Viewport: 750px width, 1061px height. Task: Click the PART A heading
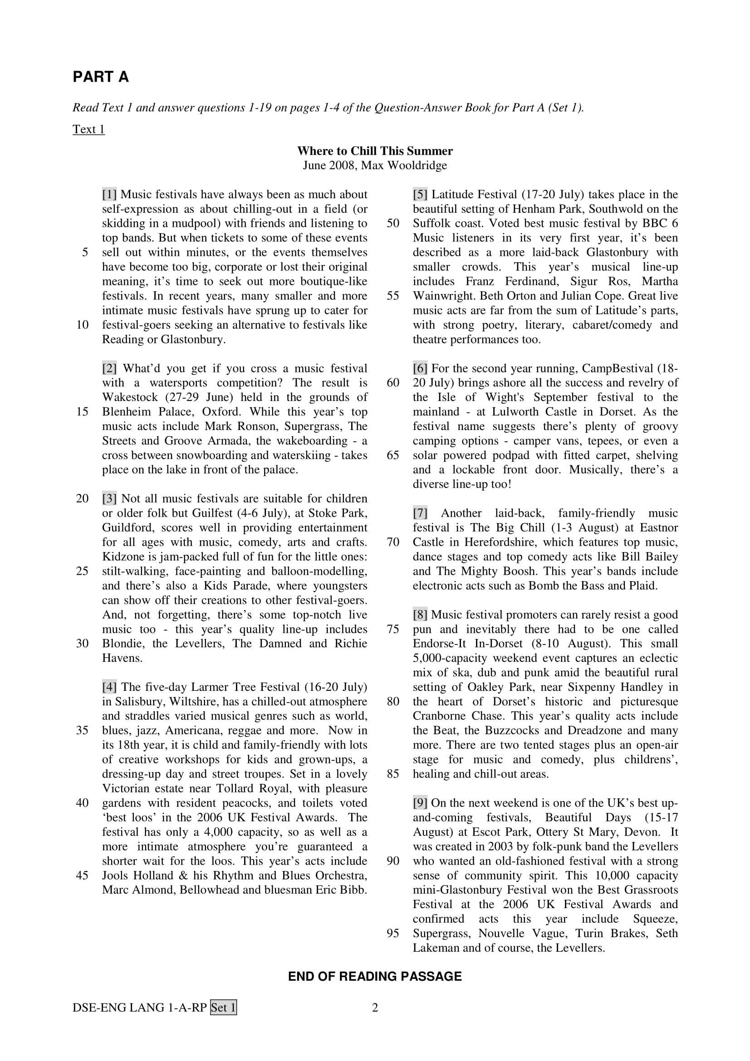click(100, 77)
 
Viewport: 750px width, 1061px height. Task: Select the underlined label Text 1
click(89, 129)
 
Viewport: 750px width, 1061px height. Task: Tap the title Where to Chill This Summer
click(375, 151)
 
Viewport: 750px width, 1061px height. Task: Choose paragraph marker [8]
click(420, 615)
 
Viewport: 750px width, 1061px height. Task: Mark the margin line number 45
click(82, 875)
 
